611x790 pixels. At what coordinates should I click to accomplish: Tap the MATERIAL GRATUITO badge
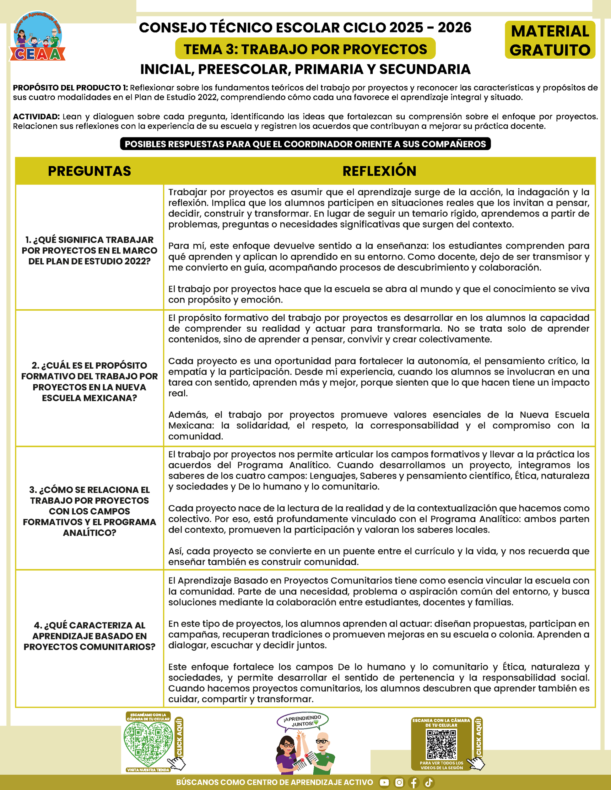(549, 40)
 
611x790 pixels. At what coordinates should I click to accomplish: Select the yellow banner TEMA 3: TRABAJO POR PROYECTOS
(305, 49)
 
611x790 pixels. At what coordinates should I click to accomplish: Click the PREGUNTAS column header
(89, 171)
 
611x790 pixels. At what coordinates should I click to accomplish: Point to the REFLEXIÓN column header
(379, 171)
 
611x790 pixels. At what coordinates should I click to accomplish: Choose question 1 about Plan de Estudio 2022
(89, 250)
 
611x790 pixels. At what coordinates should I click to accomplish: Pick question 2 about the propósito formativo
(89, 381)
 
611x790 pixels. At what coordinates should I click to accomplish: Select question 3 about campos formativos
(89, 511)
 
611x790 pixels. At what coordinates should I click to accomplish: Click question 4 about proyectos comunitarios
(89, 636)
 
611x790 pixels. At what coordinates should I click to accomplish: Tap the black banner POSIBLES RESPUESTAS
(305, 144)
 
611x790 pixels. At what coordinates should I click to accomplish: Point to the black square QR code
(441, 744)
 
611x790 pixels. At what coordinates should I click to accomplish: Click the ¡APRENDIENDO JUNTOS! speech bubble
(303, 721)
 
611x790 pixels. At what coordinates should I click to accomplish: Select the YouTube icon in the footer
(384, 782)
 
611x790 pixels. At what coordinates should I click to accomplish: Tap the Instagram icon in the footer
(399, 782)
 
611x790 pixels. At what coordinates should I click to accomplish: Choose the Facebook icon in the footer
(414, 782)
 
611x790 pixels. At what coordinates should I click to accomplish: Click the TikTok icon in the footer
(429, 782)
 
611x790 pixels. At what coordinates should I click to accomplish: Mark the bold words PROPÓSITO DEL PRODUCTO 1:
(71, 88)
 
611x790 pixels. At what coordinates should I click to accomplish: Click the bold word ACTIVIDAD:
(36, 117)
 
